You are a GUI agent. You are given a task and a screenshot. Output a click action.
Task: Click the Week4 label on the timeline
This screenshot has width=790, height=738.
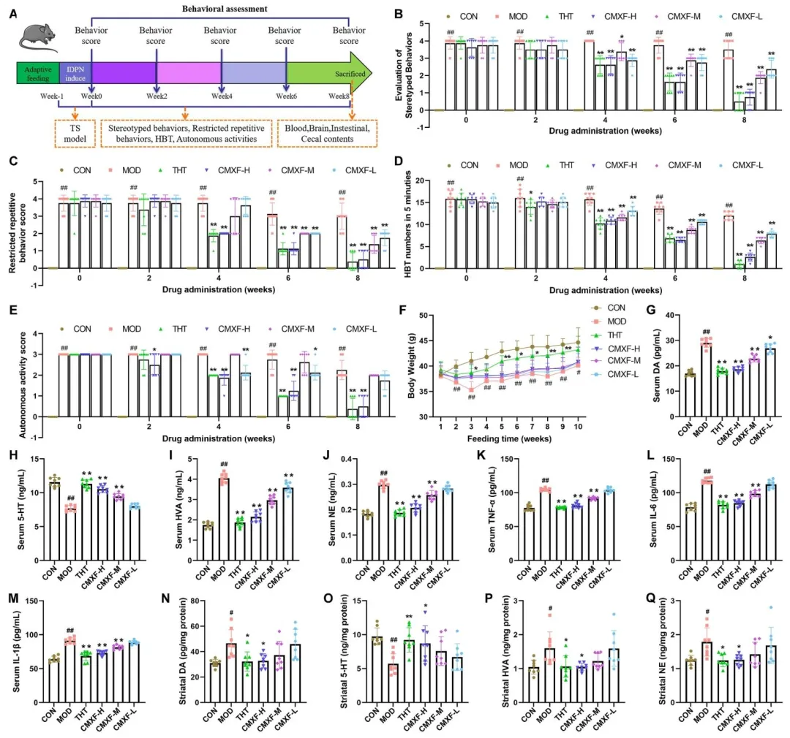coord(220,96)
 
